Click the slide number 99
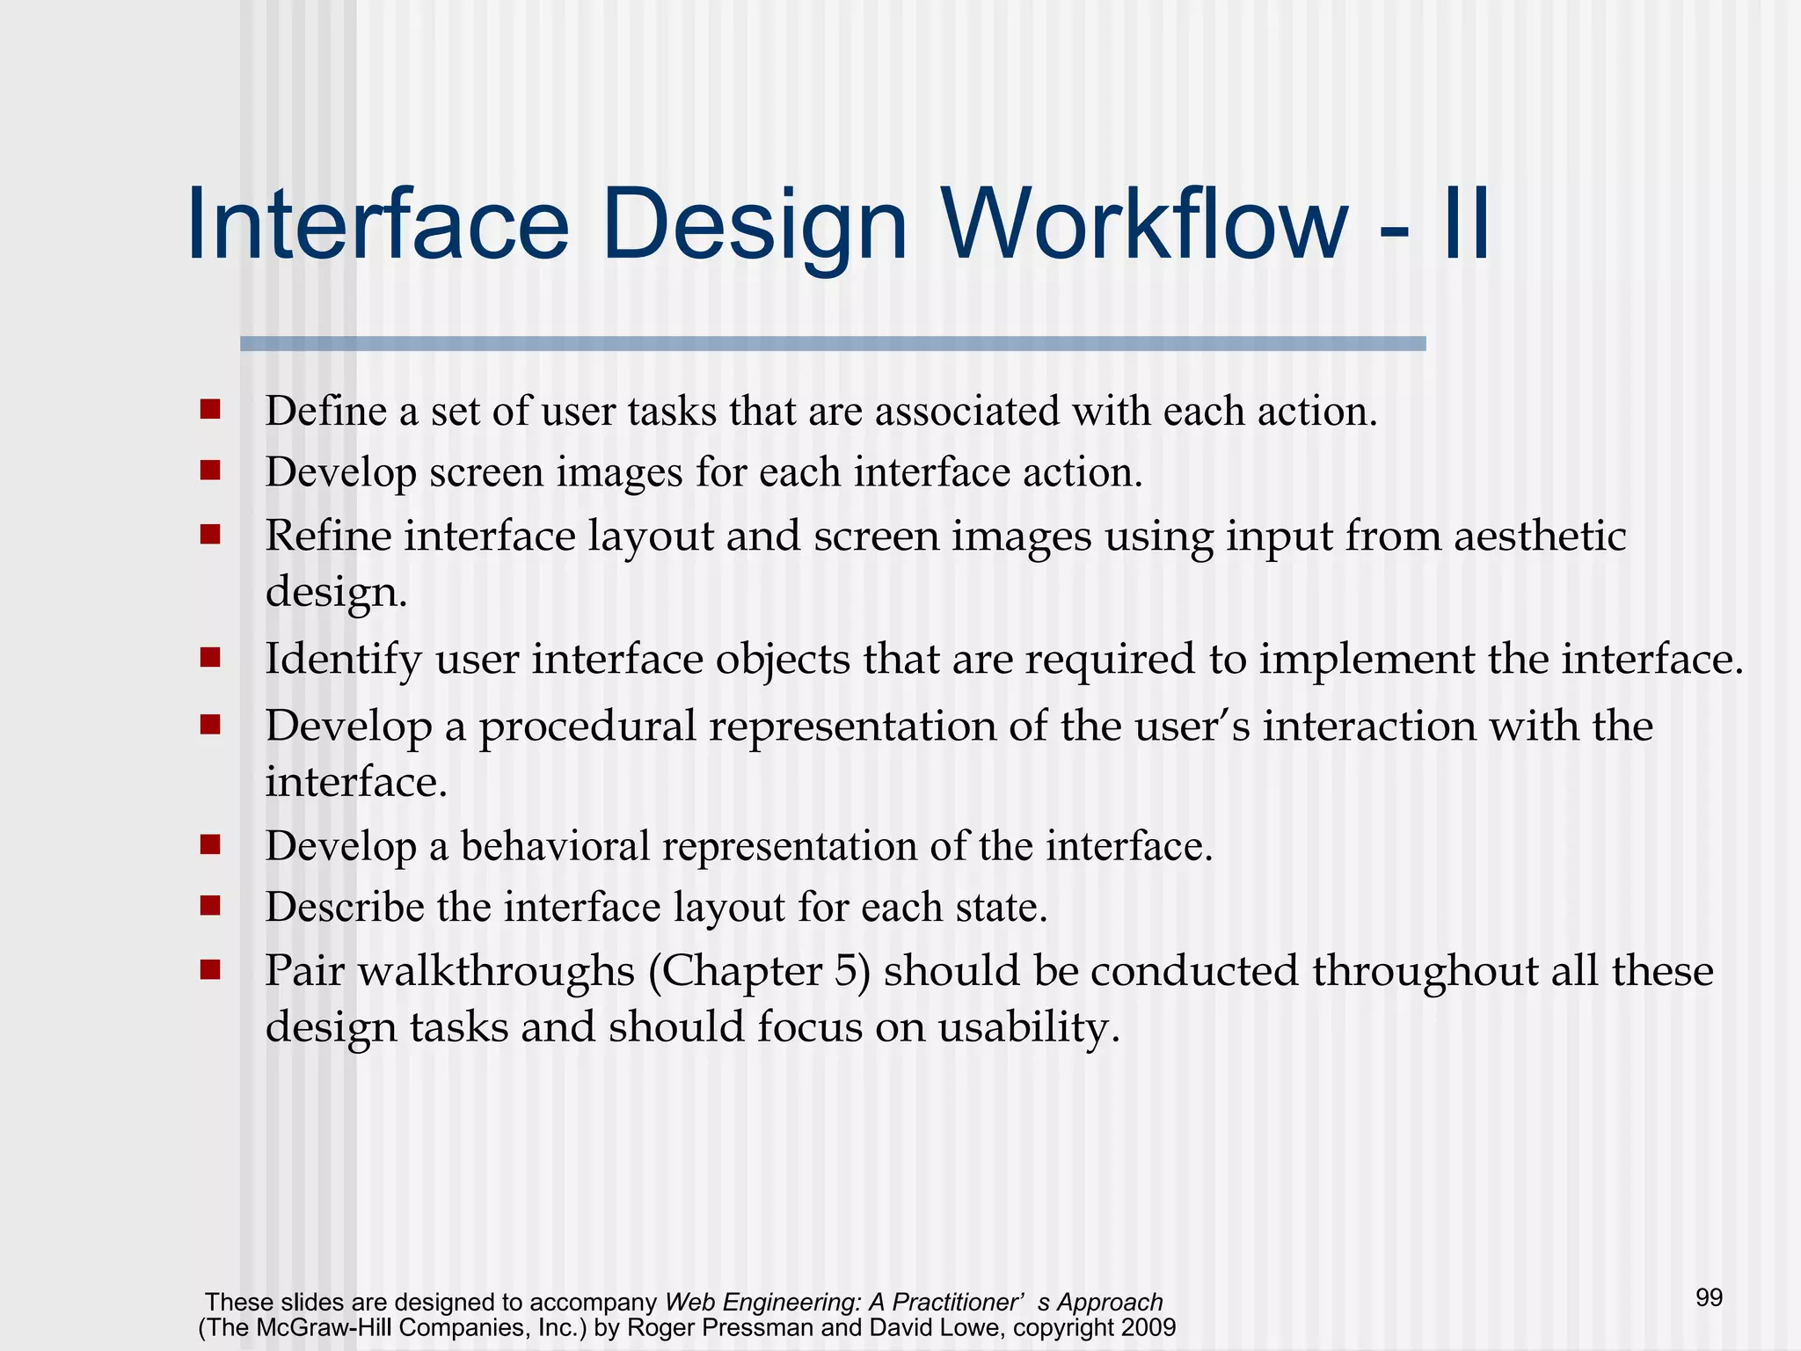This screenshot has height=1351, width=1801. pyautogui.click(x=1709, y=1297)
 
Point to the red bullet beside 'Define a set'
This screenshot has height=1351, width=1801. pyautogui.click(x=209, y=410)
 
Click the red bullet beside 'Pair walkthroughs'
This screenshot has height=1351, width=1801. pyautogui.click(x=209, y=969)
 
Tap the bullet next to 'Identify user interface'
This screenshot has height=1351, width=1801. pyautogui.click(x=209, y=657)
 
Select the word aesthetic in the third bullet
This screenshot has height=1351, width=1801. pyautogui.click(x=1539, y=536)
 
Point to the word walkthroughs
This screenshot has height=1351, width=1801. pyautogui.click(x=496, y=971)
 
